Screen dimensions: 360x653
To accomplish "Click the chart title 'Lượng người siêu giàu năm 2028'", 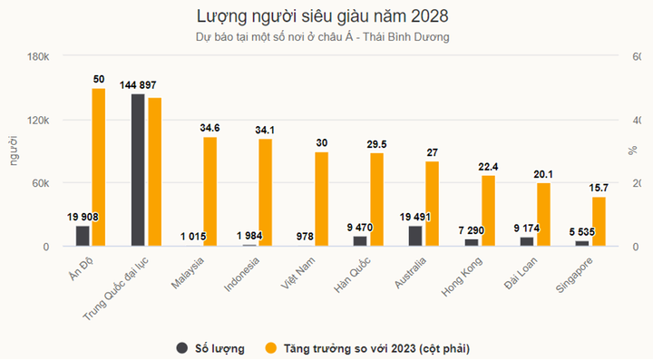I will click(322, 16).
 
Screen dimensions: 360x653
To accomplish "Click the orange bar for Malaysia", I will click(210, 191).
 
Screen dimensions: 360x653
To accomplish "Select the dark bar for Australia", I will click(415, 236).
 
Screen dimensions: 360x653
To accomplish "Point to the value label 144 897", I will click(137, 85).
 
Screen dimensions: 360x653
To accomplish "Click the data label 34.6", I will click(210, 129).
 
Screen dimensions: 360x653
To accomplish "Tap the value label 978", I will click(305, 237).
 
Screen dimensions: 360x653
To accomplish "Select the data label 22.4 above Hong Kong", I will click(487, 167).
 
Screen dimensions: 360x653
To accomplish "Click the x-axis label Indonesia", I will click(243, 273).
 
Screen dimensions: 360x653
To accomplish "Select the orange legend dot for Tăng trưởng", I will click(270, 347).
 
